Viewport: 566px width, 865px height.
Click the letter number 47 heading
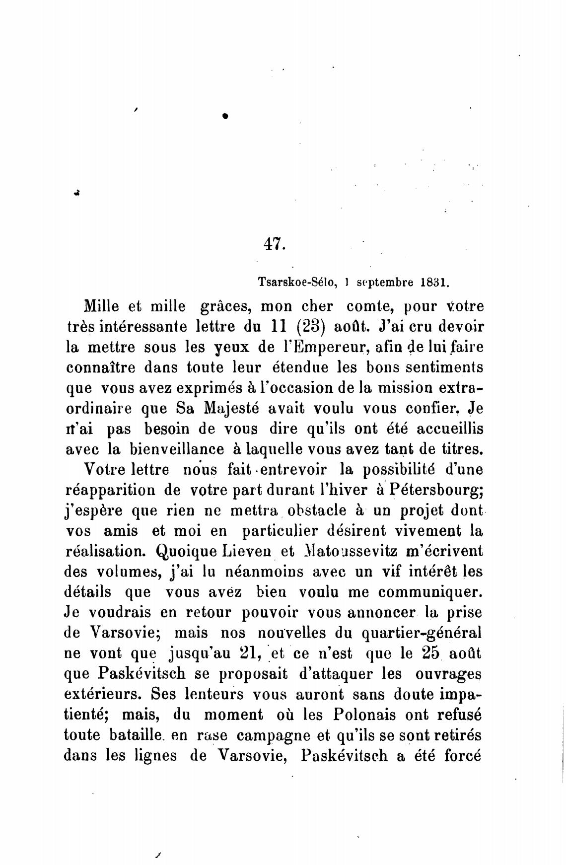click(x=273, y=243)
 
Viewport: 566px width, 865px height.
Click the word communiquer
click(x=429, y=592)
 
